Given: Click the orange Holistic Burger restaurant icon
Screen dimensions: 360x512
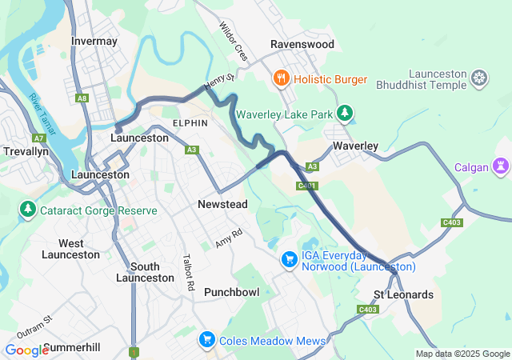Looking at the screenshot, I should (x=281, y=78).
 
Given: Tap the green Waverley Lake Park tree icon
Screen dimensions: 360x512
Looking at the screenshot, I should (x=345, y=114).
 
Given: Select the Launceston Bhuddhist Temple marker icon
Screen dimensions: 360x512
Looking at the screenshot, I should (x=479, y=78).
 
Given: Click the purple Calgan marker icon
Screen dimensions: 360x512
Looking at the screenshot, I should (x=502, y=166).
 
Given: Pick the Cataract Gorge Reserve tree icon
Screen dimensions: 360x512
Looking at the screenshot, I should (x=28, y=210).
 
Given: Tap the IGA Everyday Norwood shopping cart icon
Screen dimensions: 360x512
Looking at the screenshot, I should (x=289, y=260).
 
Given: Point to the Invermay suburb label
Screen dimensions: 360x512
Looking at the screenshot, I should (x=94, y=41).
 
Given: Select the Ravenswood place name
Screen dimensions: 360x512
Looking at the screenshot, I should (x=302, y=45).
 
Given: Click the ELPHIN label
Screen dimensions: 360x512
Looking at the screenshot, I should (x=190, y=123).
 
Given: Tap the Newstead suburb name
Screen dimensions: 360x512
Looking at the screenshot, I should (x=222, y=205).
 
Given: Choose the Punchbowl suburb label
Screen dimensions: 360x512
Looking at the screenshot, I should (x=231, y=292).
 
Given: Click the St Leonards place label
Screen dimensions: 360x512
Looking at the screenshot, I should (x=403, y=294).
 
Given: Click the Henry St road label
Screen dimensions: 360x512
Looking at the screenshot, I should (x=219, y=82).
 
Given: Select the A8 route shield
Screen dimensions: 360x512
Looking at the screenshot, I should (x=82, y=98).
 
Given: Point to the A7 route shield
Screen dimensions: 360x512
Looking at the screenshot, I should (x=40, y=138).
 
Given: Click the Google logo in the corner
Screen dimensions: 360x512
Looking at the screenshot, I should (x=26, y=350).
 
